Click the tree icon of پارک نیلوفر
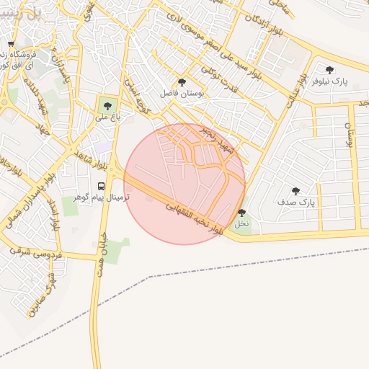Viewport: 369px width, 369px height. click(329, 70)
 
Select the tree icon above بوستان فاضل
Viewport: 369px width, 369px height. click(181, 82)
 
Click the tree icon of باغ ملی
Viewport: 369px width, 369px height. click(107, 106)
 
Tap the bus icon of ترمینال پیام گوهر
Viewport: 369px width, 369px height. click(100, 184)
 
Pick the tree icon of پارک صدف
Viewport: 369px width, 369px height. click(295, 191)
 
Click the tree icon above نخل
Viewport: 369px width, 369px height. click(241, 213)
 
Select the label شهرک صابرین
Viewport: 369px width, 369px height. click(43, 295)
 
